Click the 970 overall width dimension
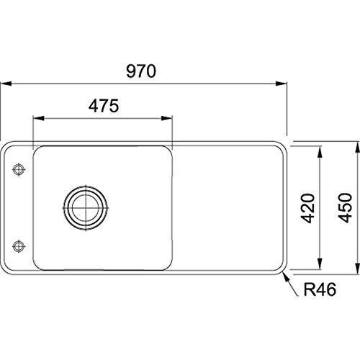141,71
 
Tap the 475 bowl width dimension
104,106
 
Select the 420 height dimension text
307,208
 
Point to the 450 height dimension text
345,208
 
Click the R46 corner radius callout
320,289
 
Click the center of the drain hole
86,208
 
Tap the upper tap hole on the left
19,170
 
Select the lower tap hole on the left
19,246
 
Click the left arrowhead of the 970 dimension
6,84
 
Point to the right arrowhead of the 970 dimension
282,84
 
